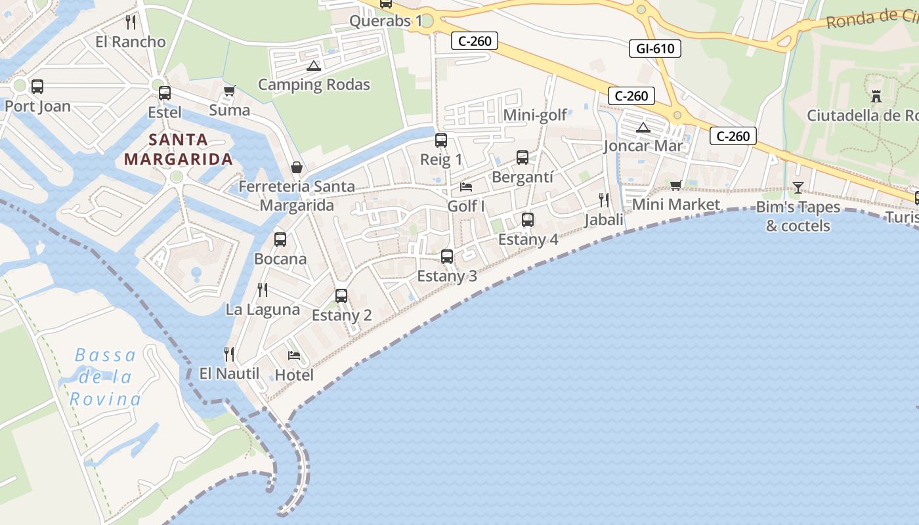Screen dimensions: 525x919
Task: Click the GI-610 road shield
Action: point(655,48)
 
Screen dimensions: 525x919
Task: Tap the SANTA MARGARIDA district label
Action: point(178,150)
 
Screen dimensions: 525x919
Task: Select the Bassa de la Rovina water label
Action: point(105,377)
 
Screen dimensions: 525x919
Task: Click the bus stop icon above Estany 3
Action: point(447,257)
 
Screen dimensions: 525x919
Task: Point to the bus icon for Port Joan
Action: point(37,87)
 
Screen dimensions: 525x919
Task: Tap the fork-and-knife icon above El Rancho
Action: point(131,22)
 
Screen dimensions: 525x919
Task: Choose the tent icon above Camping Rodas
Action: point(313,66)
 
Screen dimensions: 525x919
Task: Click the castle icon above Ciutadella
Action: point(876,96)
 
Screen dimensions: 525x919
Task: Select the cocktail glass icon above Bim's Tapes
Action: point(798,188)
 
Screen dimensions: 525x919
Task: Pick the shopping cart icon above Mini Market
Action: point(675,186)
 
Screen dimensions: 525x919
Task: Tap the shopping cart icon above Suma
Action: point(229,91)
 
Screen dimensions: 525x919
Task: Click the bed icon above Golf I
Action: point(466,187)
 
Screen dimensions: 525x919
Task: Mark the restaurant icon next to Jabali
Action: point(604,200)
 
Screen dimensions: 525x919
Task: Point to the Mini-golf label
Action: point(535,115)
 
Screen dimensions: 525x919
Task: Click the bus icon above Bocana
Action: point(280,240)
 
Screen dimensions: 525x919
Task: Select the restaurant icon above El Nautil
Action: point(229,354)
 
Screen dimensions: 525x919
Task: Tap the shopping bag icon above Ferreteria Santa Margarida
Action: point(296,167)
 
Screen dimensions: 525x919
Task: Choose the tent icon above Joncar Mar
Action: point(643,127)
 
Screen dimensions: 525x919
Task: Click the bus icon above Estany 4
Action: point(528,220)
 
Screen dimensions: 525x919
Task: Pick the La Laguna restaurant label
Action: point(263,309)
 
